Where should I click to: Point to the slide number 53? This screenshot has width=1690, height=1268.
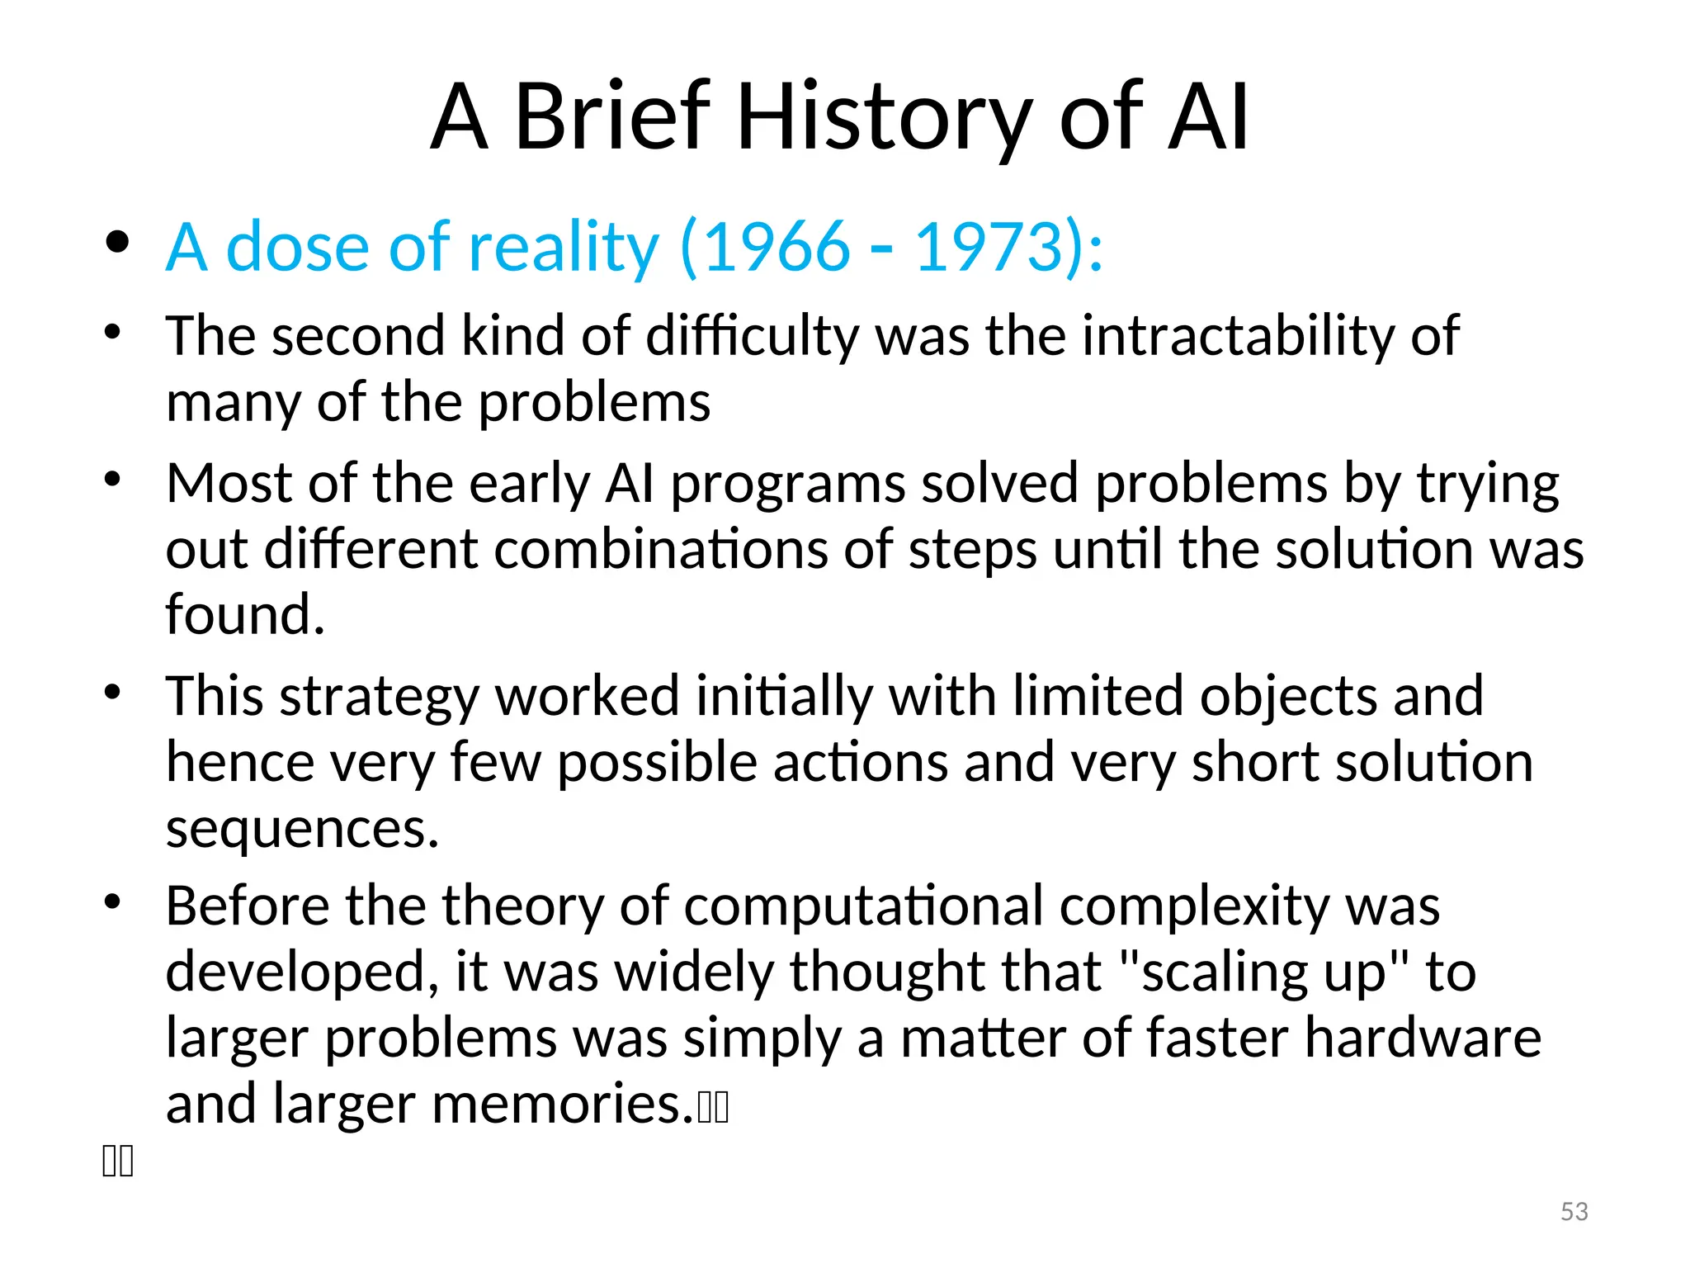pyautogui.click(x=1574, y=1211)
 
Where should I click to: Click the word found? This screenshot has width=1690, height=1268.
pyautogui.click(x=245, y=614)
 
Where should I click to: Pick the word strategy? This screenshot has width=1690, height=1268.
pyautogui.click(x=380, y=697)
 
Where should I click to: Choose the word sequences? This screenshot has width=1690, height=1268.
pyautogui.click(x=302, y=828)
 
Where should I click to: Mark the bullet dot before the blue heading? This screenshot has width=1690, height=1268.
pyautogui.click(x=117, y=243)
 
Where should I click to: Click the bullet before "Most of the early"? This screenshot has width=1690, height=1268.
pyautogui.click(x=113, y=479)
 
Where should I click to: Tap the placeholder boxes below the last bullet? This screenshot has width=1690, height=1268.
pyautogui.click(x=117, y=1161)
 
